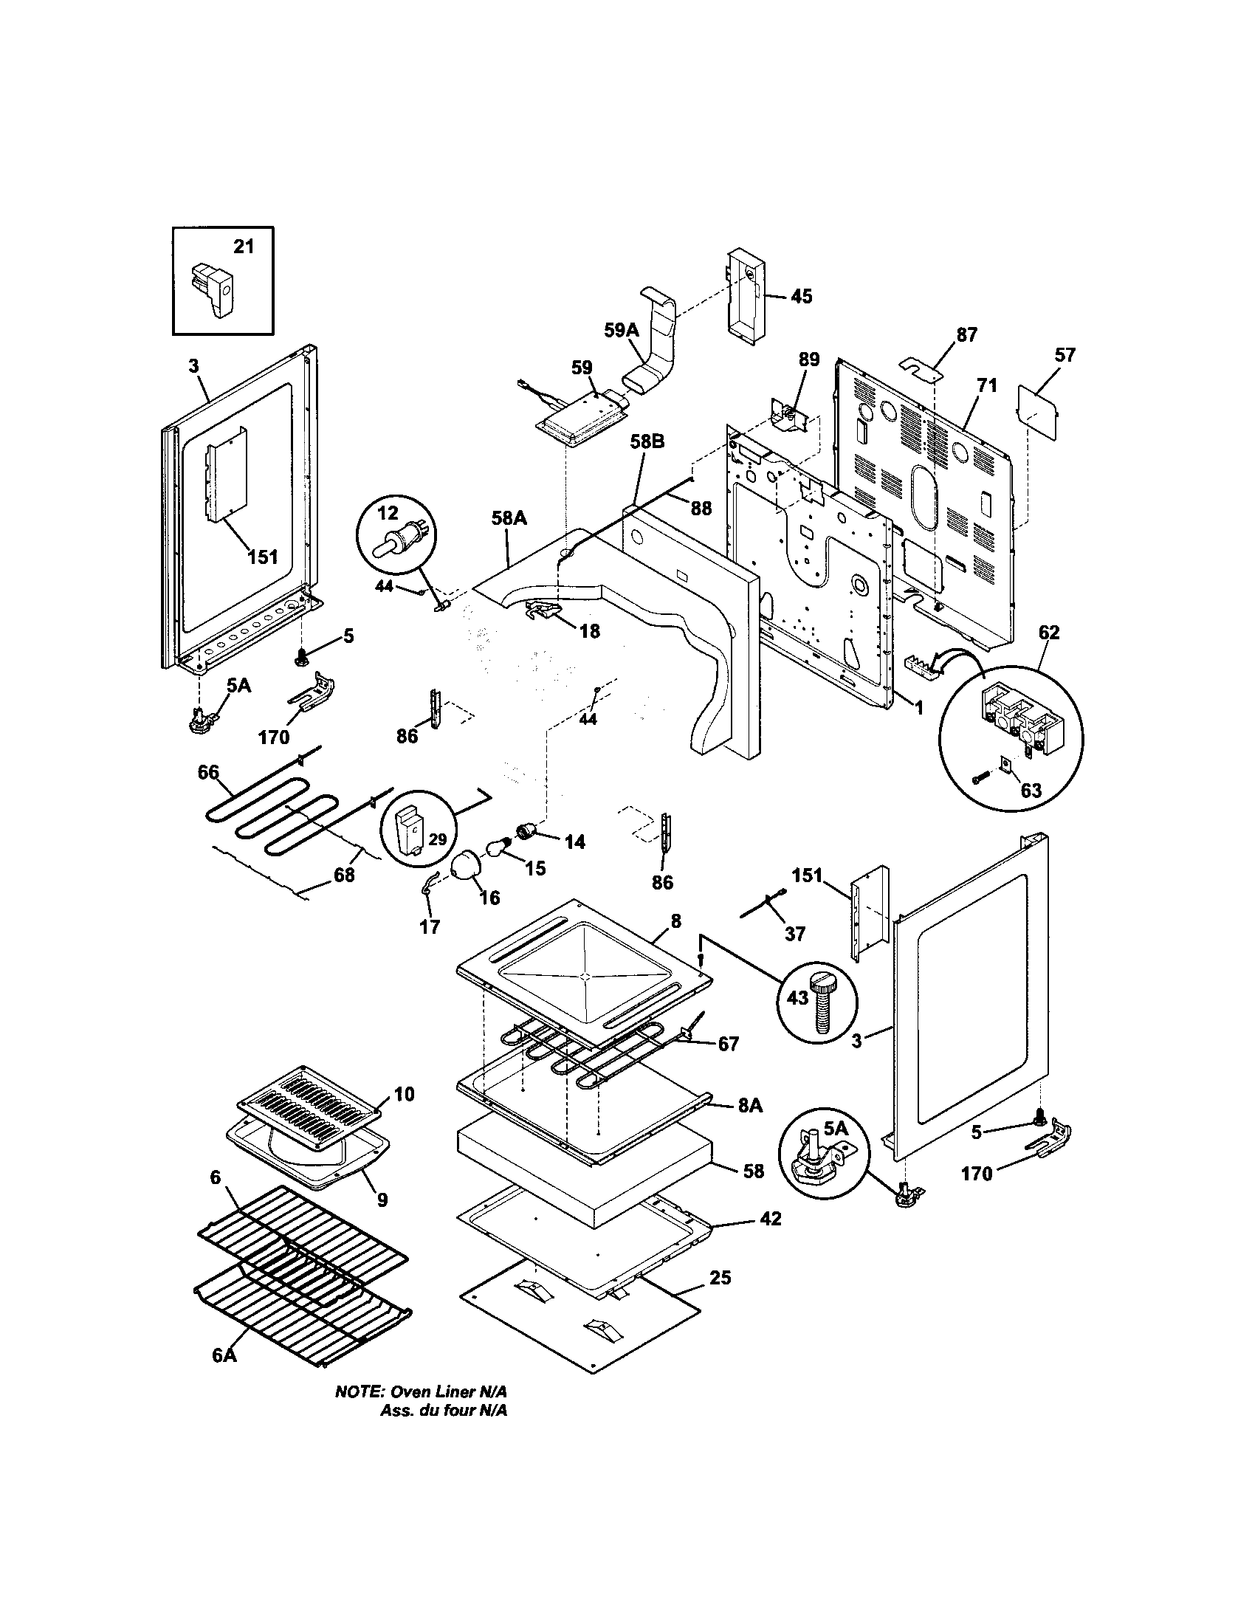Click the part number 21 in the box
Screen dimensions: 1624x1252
point(244,246)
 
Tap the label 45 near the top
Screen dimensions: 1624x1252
point(801,296)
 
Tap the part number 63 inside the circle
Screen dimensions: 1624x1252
point(1031,790)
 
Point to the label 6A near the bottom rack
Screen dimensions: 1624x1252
point(224,1377)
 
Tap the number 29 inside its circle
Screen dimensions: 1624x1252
point(438,839)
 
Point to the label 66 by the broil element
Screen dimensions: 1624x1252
point(208,773)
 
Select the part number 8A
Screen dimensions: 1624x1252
point(750,1126)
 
